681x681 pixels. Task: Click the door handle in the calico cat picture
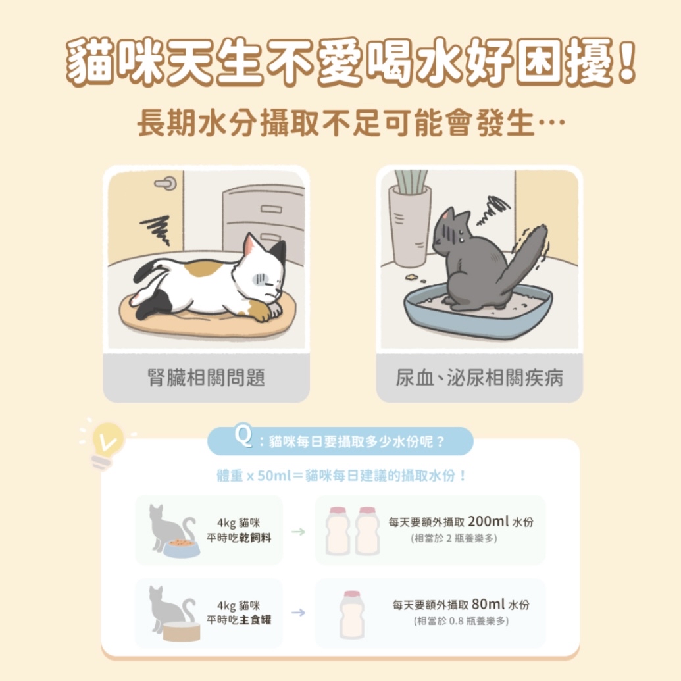click(165, 184)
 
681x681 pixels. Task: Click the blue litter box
click(478, 311)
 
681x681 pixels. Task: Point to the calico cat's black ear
click(278, 254)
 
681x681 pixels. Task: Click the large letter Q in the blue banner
click(243, 436)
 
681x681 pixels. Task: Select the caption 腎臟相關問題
click(207, 378)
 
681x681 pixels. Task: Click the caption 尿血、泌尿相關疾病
click(480, 378)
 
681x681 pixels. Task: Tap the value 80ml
click(488, 604)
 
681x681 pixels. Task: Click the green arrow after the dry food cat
click(298, 532)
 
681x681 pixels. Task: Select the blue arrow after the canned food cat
click(298, 613)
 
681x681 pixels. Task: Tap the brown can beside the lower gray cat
click(182, 632)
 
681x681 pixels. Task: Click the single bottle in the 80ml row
click(352, 614)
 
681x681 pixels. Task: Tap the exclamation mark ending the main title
click(626, 61)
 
